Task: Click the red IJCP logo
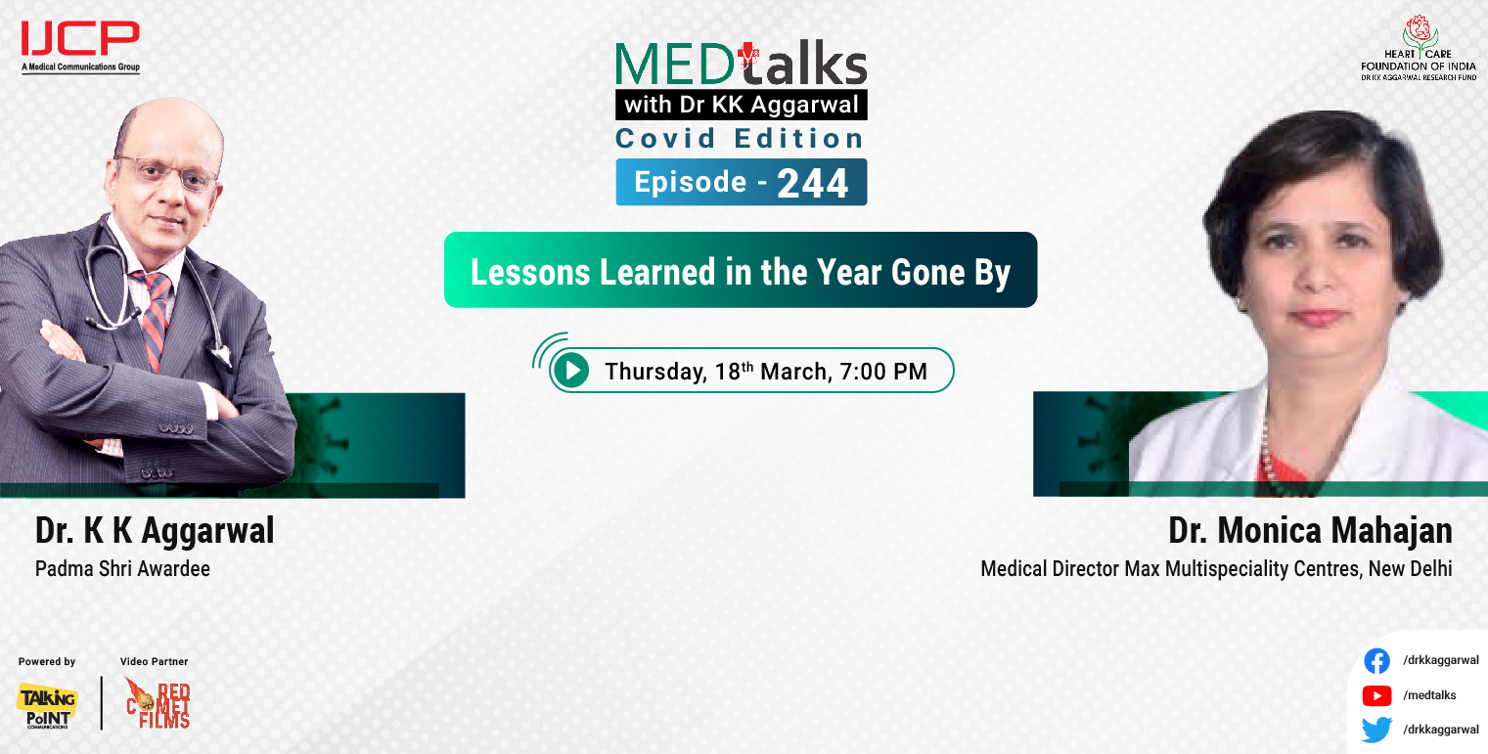pyautogui.click(x=80, y=40)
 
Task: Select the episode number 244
pyautogui.click(x=812, y=183)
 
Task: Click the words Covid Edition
pyautogui.click(x=740, y=139)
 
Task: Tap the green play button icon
pyautogui.click(x=570, y=371)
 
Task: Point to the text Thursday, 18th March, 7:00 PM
pyautogui.click(x=765, y=372)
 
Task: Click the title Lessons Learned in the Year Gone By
pyautogui.click(x=740, y=271)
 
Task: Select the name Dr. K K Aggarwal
pyautogui.click(x=155, y=531)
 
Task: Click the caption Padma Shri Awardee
pyautogui.click(x=122, y=568)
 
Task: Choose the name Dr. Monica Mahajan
pyautogui.click(x=1309, y=531)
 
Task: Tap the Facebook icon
pyautogui.click(x=1376, y=661)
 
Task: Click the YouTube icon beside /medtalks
pyautogui.click(x=1376, y=695)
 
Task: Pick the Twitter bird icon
pyautogui.click(x=1376, y=730)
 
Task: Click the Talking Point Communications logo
pyautogui.click(x=46, y=704)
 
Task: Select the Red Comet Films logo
pyautogui.click(x=158, y=703)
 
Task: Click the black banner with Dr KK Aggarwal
pyautogui.click(x=741, y=105)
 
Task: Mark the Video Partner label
pyautogui.click(x=154, y=662)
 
